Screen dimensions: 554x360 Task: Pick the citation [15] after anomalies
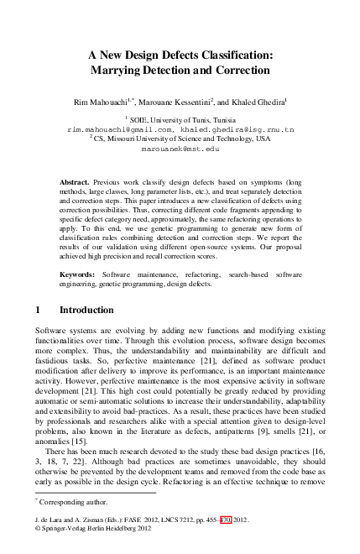pos(82,440)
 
